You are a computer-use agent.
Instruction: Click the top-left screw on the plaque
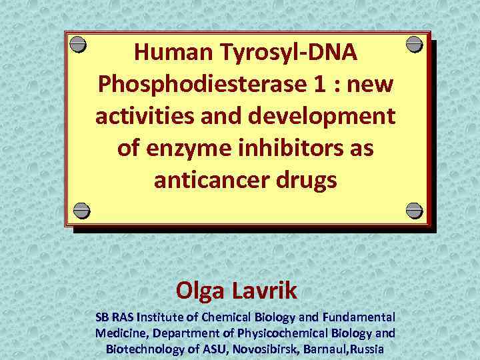tap(79, 44)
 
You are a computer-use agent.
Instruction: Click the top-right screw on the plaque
tap(414, 44)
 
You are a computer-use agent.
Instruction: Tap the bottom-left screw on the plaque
tap(81, 210)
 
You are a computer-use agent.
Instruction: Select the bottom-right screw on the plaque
tap(414, 210)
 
